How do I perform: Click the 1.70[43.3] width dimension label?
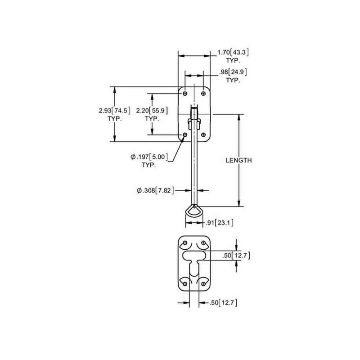pyautogui.click(x=233, y=53)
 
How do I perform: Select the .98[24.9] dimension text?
pyautogui.click(x=233, y=72)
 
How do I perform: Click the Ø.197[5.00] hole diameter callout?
pyautogui.click(x=149, y=157)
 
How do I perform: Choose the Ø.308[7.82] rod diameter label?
pyautogui.click(x=154, y=191)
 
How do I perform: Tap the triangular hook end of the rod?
pyautogui.click(x=194, y=212)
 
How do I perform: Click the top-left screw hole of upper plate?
pyautogui.click(x=184, y=93)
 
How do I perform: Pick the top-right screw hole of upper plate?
pyautogui.click(x=202, y=93)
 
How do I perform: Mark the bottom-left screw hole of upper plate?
pyautogui.click(x=184, y=135)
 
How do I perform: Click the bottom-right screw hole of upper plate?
pyautogui.click(x=202, y=135)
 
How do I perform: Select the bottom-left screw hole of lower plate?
pyautogui.click(x=185, y=282)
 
